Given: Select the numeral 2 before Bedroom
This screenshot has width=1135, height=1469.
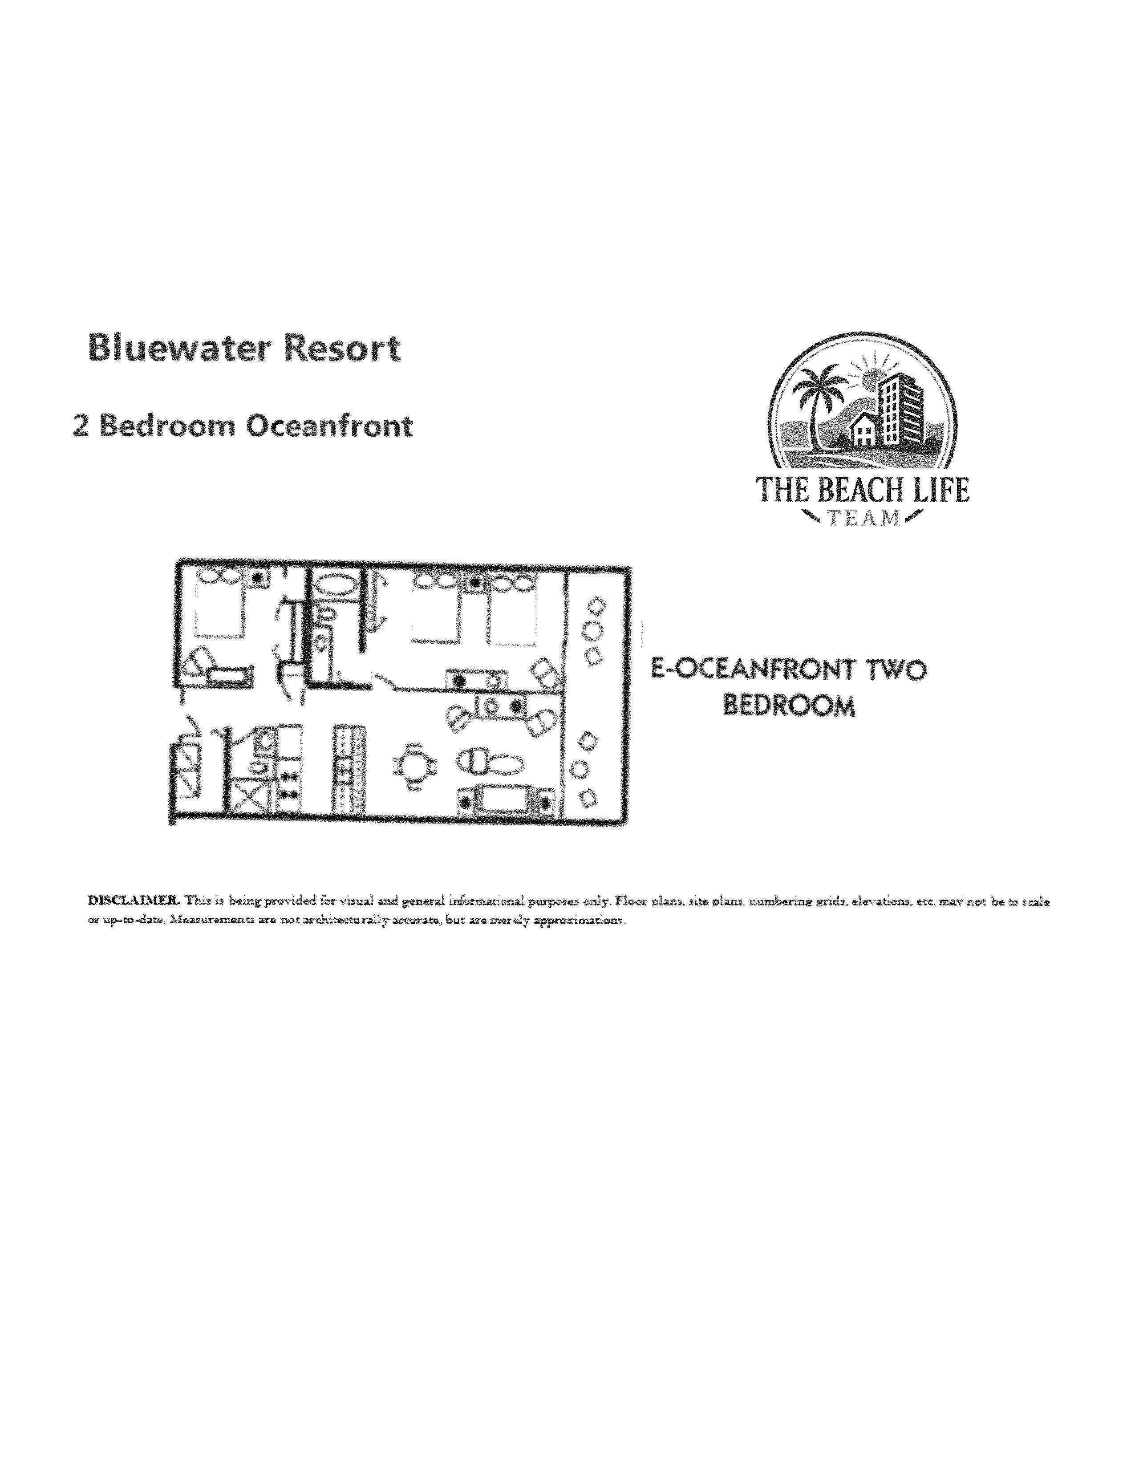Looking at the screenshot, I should [81, 426].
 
